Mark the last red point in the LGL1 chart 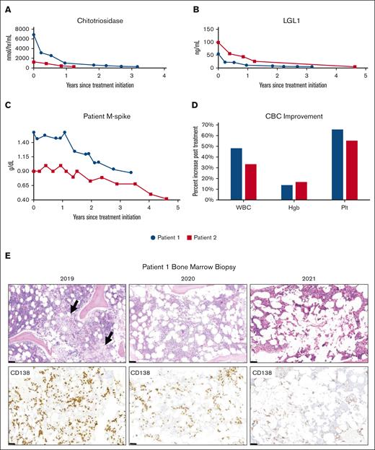[x=355, y=66]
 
